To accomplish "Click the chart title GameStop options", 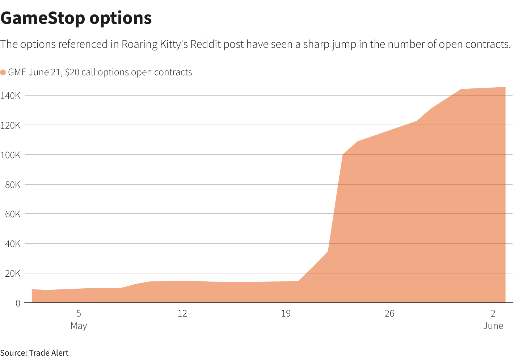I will pos(76,18).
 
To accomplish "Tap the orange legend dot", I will pos(3,72).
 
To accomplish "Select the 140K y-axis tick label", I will pos(10,96).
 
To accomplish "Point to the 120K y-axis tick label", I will pos(10,125).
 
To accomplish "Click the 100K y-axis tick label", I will pos(10,155).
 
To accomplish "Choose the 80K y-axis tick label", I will pos(12,185).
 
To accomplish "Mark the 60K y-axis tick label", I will pos(12,214).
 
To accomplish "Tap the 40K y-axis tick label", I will pos(12,244).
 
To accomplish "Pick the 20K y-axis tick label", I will pos(12,273).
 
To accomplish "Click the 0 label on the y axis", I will pos(18,303).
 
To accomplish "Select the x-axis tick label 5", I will pos(79,313).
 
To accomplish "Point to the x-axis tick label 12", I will pos(182,313).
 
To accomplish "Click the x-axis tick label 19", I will pos(286,313).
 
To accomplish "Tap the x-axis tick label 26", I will pos(389,313).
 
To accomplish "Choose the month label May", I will pos(79,326).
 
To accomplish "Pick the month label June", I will pos(493,326).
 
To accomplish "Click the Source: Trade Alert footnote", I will pos(34,353).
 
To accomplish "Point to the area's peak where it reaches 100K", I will pos(343,155).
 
